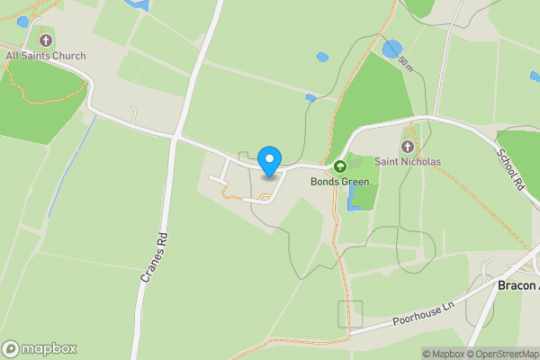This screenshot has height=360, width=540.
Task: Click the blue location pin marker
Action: [x=269, y=161]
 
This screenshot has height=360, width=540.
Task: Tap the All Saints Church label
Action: [x=46, y=56]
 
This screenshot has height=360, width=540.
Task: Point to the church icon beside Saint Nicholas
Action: [x=408, y=147]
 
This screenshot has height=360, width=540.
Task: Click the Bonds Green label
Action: [x=340, y=181]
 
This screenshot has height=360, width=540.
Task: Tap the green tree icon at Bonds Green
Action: [x=340, y=166]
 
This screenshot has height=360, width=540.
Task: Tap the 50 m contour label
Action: [x=405, y=63]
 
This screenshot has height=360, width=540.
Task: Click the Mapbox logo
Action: [x=40, y=348]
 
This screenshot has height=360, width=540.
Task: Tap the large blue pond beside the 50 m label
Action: [x=391, y=49]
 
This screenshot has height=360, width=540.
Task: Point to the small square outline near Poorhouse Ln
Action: [x=350, y=314]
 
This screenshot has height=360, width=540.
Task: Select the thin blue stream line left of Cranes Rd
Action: [x=70, y=167]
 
